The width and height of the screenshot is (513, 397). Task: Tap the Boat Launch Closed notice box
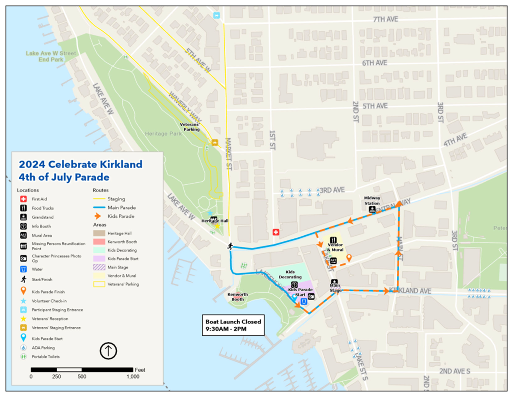[233, 326]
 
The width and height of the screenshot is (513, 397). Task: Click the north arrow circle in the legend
[108, 351]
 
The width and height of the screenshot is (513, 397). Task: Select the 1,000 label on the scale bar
[133, 376]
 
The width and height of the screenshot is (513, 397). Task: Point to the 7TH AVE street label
[385, 20]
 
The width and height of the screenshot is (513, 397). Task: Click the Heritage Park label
[163, 133]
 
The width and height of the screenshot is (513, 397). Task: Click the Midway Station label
[372, 200]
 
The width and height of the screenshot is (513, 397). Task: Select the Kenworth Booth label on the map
[235, 296]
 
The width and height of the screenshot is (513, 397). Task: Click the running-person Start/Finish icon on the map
[230, 246]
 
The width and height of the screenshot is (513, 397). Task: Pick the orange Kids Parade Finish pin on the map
[349, 258]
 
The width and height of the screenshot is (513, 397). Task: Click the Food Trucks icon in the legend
[23, 208]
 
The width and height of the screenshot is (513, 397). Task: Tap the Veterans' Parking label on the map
[190, 126]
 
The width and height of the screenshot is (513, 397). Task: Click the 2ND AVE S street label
[455, 370]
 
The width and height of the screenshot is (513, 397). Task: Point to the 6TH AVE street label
[374, 63]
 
